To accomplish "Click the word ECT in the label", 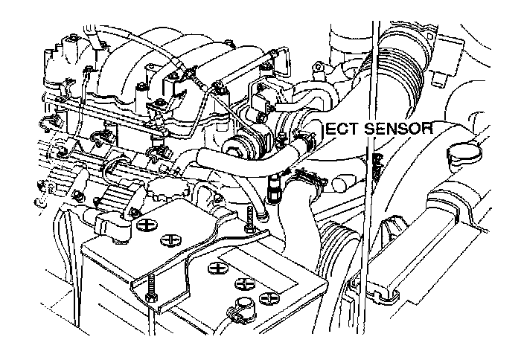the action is pos(342,129).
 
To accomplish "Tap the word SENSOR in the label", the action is pos(397,129).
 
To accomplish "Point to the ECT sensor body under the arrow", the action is pos(273,190).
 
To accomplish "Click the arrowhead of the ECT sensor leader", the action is pos(286,173).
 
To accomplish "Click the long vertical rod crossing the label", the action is pos(370,177).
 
